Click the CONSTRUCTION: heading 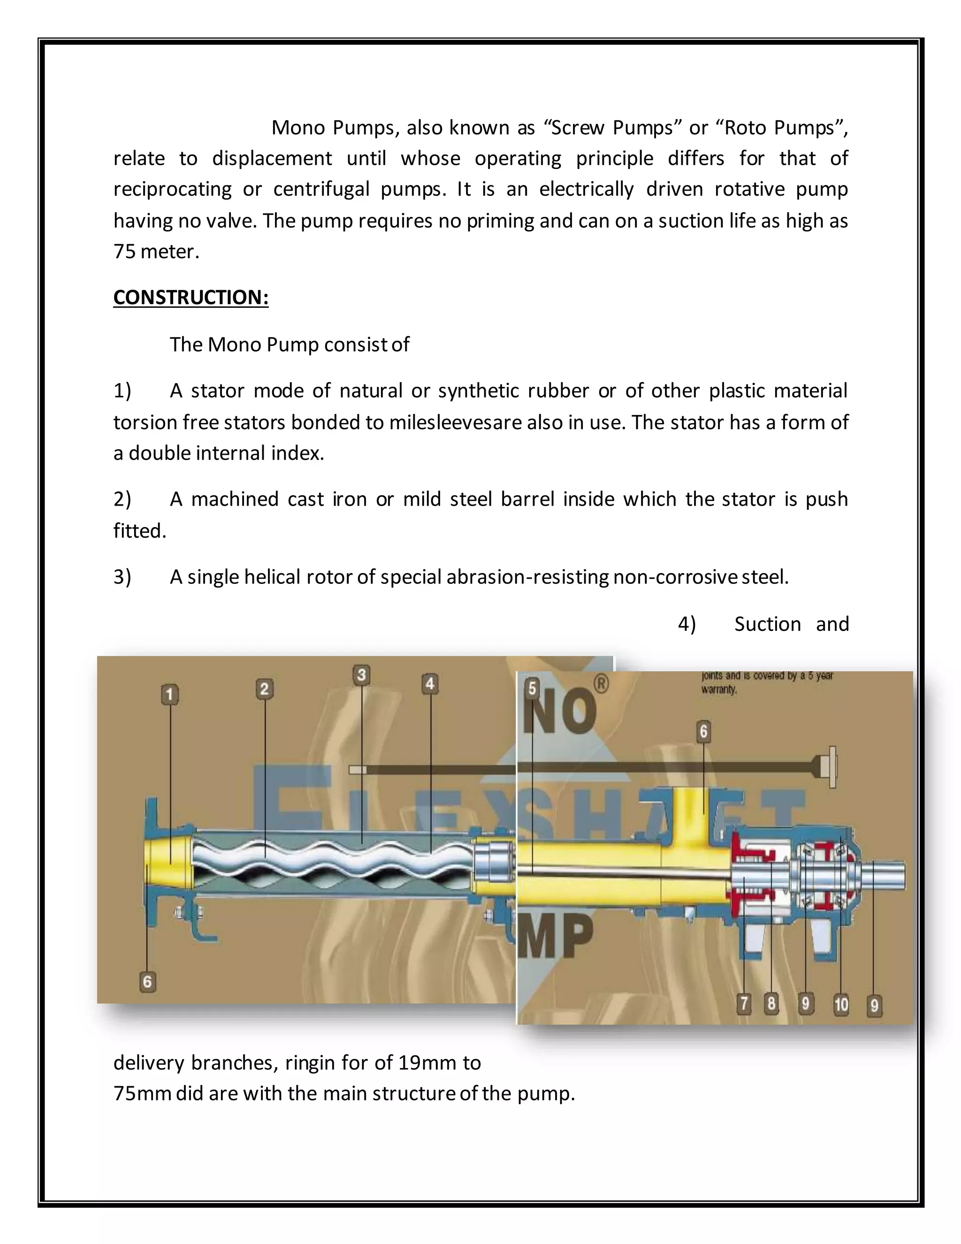point(191,297)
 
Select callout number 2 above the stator point(264,689)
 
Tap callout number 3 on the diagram point(361,675)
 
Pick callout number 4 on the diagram point(430,683)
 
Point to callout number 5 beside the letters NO point(532,688)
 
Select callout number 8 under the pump point(771,1003)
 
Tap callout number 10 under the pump point(841,1004)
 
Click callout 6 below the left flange point(147,982)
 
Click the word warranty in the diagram point(718,690)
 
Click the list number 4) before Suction point(686,624)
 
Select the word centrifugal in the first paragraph point(321,189)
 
